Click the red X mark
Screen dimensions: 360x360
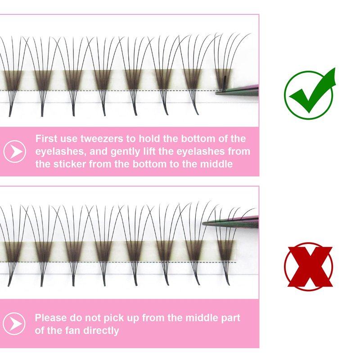coord(310,266)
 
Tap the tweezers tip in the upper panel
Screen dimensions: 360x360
coord(216,93)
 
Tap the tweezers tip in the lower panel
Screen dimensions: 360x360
coord(203,223)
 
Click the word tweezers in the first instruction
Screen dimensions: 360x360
coord(102,139)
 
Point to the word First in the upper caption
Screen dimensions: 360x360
coord(46,139)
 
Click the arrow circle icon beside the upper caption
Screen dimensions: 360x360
coord(15,152)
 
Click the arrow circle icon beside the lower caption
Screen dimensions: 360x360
coord(14,324)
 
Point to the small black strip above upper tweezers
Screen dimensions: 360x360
coord(225,82)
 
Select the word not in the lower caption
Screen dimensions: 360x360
coord(93,318)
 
